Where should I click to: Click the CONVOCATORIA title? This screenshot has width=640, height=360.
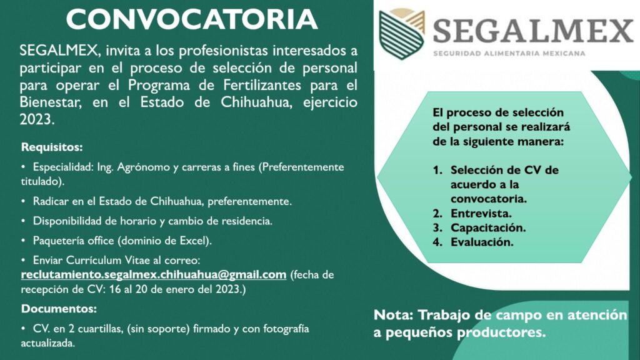[x=192, y=19]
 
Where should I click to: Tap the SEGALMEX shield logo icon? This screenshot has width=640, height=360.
[x=402, y=34]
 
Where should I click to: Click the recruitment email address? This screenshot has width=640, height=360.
[x=154, y=275]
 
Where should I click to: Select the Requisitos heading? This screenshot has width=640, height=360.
[x=52, y=147]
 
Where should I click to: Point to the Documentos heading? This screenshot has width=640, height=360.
[x=59, y=309]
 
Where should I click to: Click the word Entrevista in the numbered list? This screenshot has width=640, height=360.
[x=481, y=214]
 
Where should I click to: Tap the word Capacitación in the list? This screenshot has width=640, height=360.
[x=488, y=227]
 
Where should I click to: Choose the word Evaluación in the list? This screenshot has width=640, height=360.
[x=482, y=242]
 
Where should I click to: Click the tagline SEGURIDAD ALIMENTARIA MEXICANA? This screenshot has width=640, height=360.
[x=509, y=54]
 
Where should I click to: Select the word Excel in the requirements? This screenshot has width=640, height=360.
[x=196, y=241]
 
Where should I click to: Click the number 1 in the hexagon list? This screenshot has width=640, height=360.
[x=437, y=170]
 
